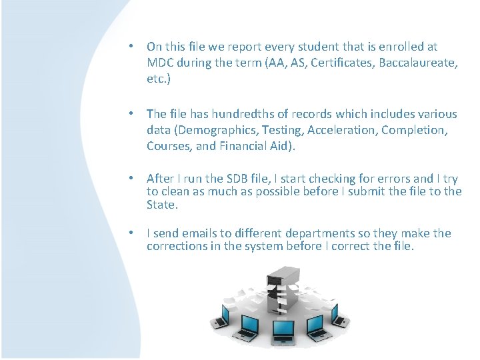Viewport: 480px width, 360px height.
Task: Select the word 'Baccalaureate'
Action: tap(401, 63)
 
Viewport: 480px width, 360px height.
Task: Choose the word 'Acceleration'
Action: tap(340, 131)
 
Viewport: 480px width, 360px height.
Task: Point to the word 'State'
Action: tap(161, 205)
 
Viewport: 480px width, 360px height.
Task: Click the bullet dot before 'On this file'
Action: tap(133, 47)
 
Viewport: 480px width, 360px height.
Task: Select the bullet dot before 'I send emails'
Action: tap(133, 233)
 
